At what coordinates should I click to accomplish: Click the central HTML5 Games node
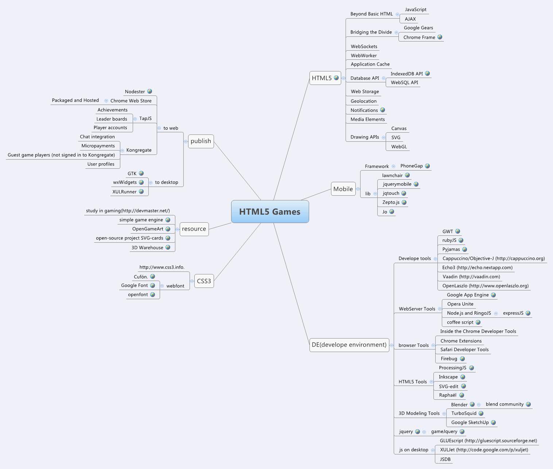tap(270, 212)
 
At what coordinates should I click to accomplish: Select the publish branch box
tap(201, 141)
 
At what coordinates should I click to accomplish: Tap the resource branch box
tap(194, 229)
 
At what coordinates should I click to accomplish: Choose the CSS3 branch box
tap(204, 281)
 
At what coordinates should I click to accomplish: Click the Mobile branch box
tap(343, 189)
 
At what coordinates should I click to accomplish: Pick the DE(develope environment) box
tap(349, 345)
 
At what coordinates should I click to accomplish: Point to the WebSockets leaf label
tap(364, 47)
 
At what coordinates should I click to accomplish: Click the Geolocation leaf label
tap(363, 101)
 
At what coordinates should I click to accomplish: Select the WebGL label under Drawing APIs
tap(399, 147)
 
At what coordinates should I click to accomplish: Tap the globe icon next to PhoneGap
tap(428, 166)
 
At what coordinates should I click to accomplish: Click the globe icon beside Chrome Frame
tap(440, 37)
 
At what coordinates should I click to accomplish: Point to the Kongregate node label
tap(139, 150)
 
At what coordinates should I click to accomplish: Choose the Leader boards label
tap(112, 119)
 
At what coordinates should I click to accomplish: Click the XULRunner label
tap(124, 192)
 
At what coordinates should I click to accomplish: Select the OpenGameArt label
tap(148, 229)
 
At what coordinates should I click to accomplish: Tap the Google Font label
tap(134, 285)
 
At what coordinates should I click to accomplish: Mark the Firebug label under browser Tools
tap(449, 359)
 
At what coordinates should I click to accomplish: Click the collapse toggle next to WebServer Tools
tap(440, 309)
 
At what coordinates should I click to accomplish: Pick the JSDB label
tap(445, 459)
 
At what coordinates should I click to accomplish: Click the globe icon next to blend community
tap(529, 404)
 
